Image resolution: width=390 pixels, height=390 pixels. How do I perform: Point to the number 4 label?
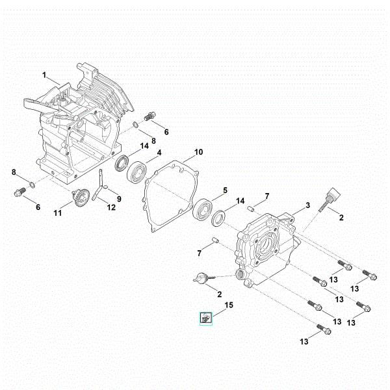pos(159,154)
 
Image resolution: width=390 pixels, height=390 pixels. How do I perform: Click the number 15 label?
pos(228,305)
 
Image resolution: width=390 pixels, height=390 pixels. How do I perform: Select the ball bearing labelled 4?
pos(138,174)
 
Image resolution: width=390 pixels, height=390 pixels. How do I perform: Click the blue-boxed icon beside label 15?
pos(206,318)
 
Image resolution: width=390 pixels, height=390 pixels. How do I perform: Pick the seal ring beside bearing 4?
pos(121,163)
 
